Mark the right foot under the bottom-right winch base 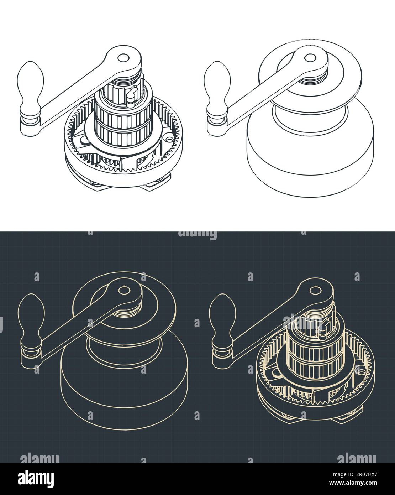point(344,419)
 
